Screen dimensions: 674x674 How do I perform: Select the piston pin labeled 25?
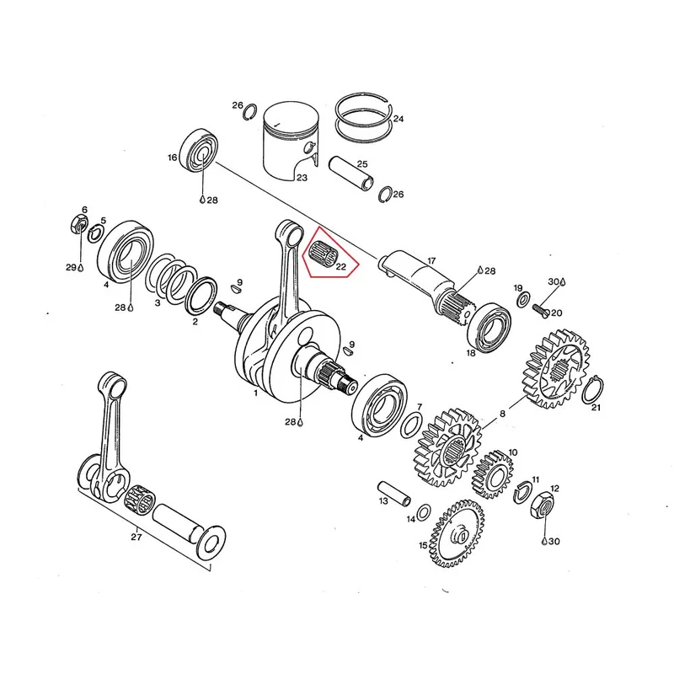coord(351,174)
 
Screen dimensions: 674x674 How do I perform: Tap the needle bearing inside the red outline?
coord(324,254)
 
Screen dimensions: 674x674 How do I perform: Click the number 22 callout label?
coord(341,267)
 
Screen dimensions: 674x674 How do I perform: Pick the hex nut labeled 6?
coord(79,223)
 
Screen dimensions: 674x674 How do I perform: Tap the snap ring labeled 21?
coord(592,390)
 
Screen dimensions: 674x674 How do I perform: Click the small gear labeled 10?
coord(493,474)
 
